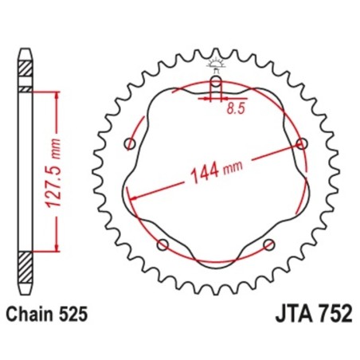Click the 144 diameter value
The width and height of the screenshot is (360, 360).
coord(205,174)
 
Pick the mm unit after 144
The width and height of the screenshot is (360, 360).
coord(233,169)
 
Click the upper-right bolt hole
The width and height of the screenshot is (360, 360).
coord(301,143)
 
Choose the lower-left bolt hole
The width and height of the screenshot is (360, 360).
coord(163,244)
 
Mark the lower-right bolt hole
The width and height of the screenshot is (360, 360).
coord(268,244)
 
